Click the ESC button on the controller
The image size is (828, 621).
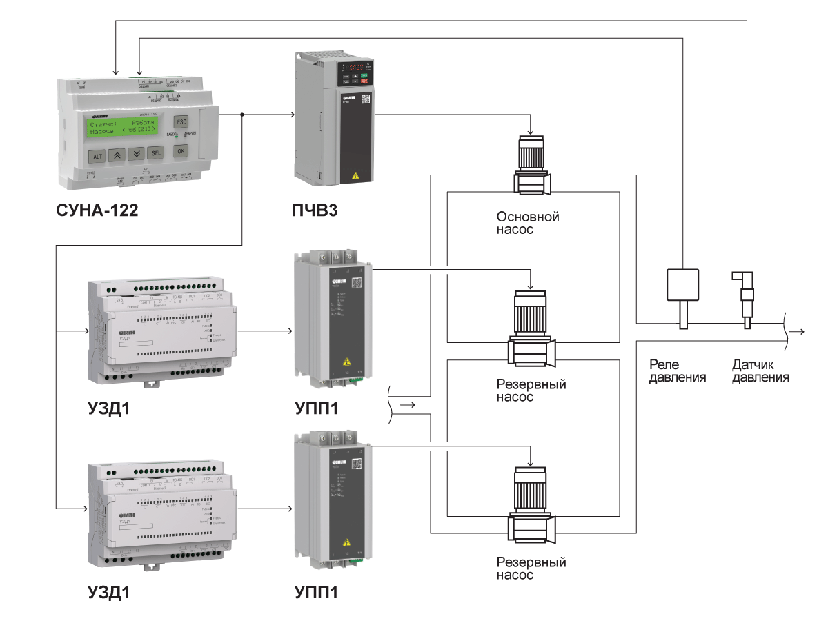pos(181,121)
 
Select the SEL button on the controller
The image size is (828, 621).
pos(156,153)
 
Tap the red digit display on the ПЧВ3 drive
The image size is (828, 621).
pos(354,68)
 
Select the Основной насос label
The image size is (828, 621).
pos(528,223)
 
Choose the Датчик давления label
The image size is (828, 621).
pos(760,371)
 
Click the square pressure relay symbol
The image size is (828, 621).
pos(682,284)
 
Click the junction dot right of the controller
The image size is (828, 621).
pos(241,115)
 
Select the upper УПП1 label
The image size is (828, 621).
pos(315,408)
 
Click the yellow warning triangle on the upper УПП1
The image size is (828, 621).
pos(345,362)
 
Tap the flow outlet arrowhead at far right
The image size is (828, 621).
pos(800,332)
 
